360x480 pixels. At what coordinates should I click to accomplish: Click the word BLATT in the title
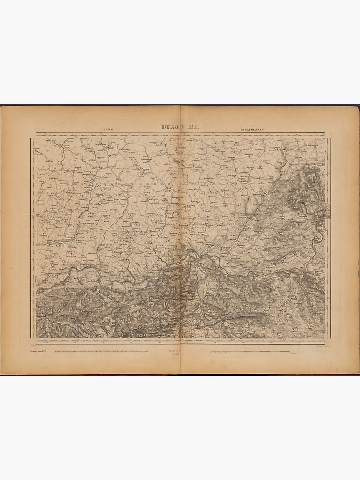click(172, 127)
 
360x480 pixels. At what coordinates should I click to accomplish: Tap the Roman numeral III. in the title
click(194, 127)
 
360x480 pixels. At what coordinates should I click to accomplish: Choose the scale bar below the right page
click(250, 352)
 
